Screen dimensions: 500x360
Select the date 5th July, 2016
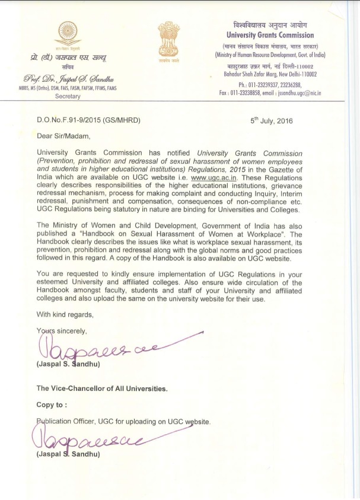(272, 121)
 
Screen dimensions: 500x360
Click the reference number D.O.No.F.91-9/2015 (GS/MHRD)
(97, 121)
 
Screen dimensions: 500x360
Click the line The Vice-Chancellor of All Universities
(102, 388)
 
